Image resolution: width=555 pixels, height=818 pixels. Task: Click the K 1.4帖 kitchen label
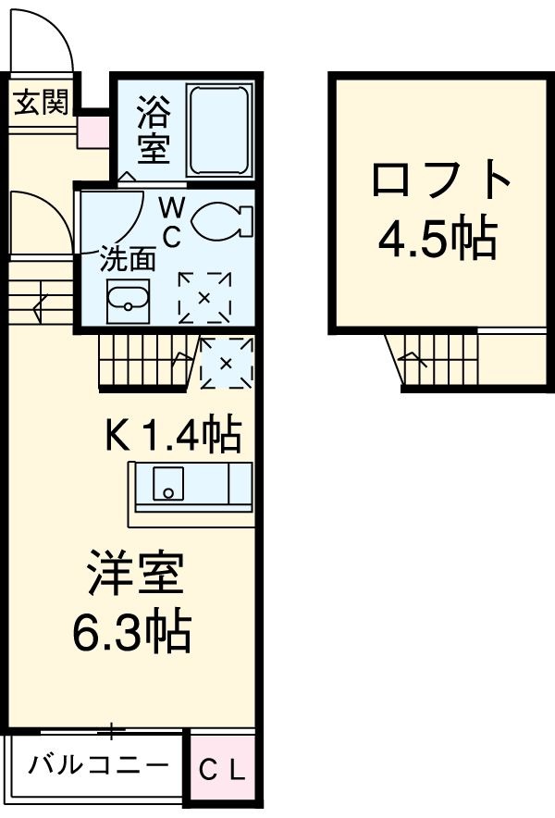(173, 435)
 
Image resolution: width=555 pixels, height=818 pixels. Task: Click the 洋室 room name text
(136, 575)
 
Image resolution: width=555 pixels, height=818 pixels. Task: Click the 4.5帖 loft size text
(438, 240)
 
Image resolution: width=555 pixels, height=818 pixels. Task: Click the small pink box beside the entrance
(92, 130)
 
